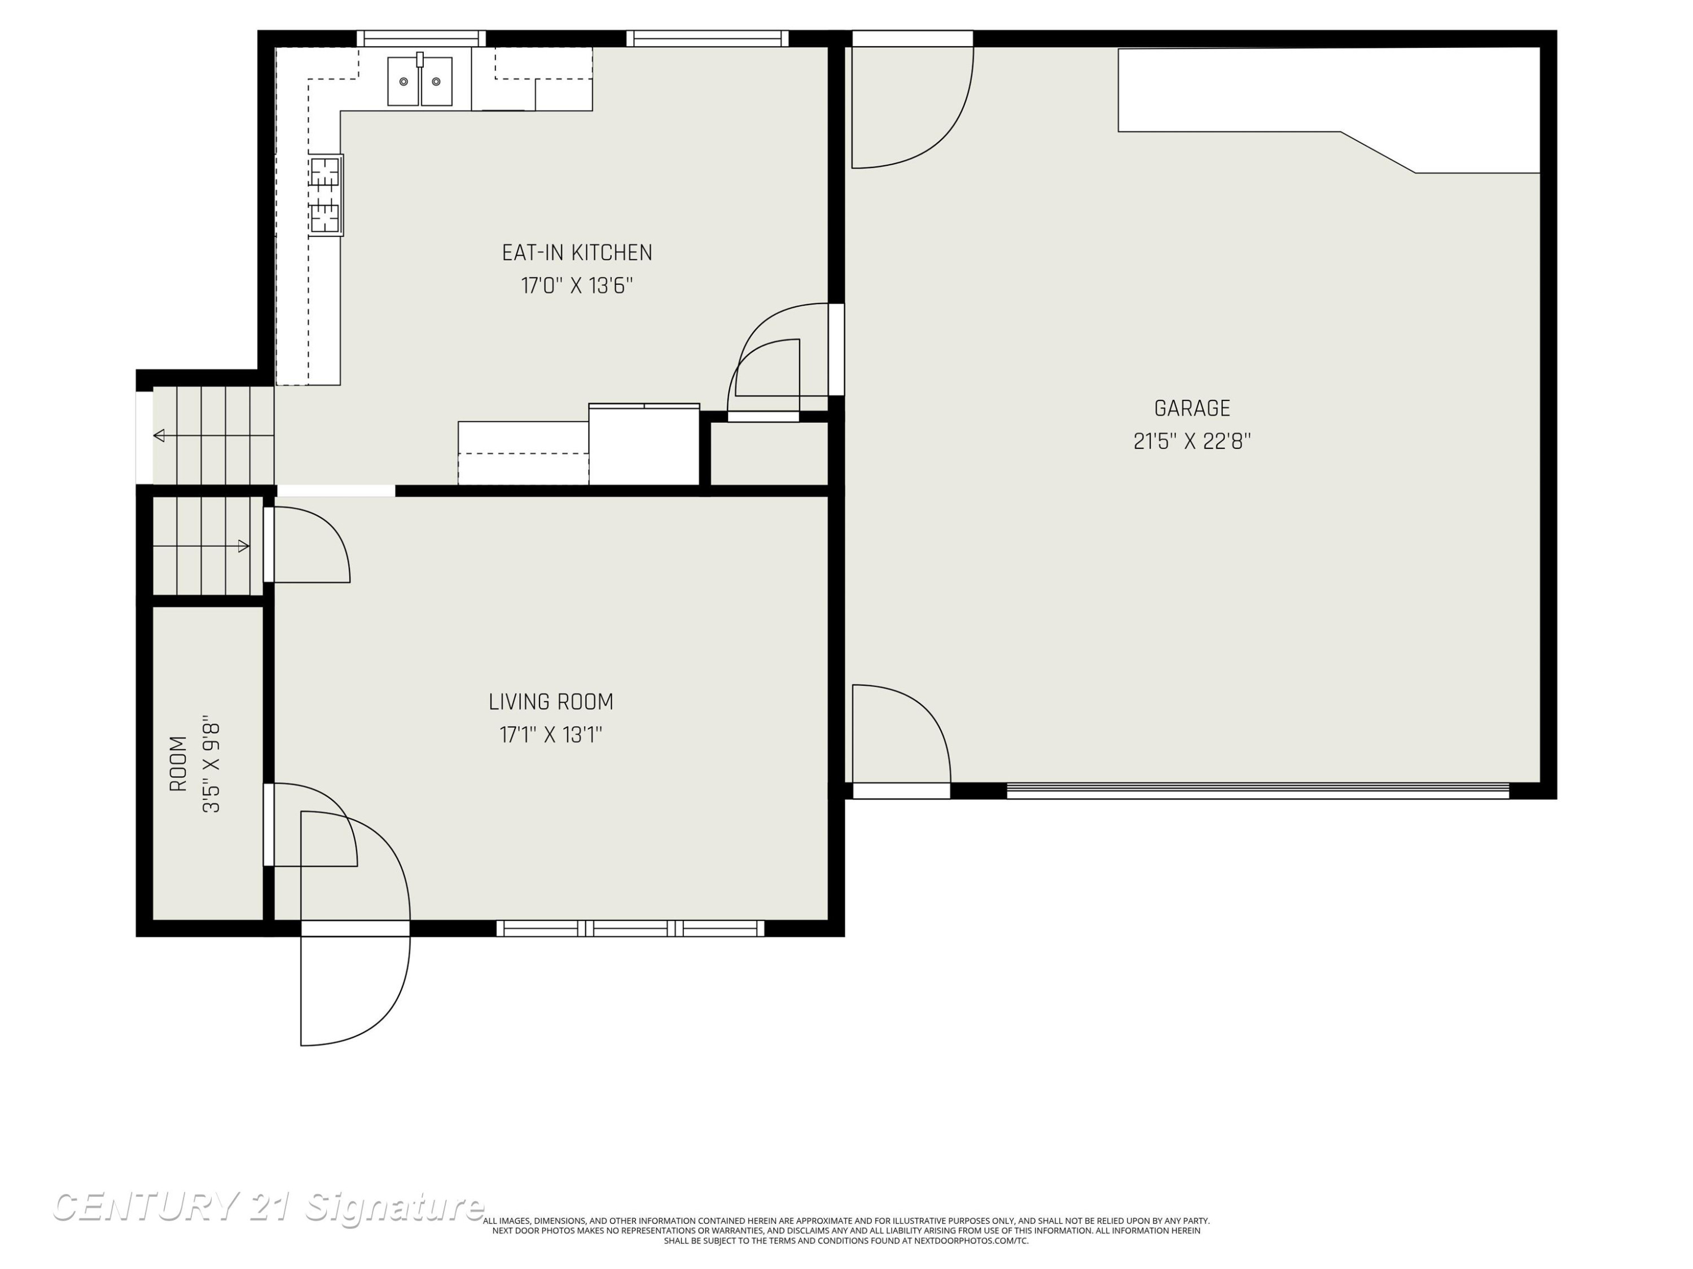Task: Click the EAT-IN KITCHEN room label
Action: tap(577, 253)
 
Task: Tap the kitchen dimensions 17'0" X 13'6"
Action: tap(577, 286)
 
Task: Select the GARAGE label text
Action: tap(1192, 408)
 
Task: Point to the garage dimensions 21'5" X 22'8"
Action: tap(1192, 442)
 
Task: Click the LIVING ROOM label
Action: tap(551, 702)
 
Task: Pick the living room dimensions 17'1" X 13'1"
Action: tap(551, 735)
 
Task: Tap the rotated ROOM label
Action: tap(178, 764)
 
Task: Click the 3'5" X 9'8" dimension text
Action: tap(211, 764)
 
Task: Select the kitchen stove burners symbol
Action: tap(326, 195)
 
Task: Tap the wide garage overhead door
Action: tap(1257, 791)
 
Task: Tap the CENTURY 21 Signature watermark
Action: tap(268, 1208)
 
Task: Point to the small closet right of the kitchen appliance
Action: tap(769, 453)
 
